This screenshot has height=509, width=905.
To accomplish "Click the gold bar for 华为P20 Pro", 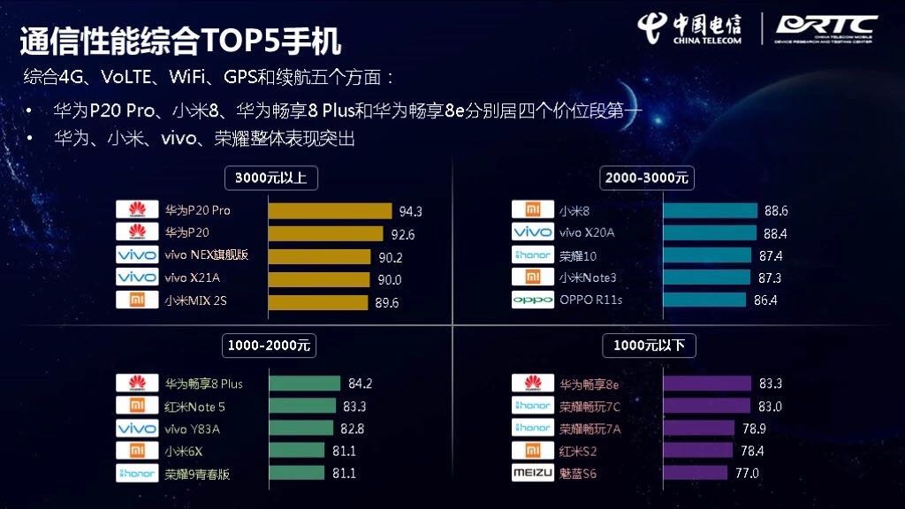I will click(x=330, y=211).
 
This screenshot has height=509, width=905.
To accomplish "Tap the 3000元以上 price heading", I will click(x=270, y=178).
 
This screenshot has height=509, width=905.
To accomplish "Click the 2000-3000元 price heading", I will click(x=647, y=178).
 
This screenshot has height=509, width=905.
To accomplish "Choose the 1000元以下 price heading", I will click(x=649, y=345).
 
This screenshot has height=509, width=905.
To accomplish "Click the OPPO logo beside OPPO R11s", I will click(x=533, y=300).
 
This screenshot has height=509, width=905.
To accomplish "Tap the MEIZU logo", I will click(x=533, y=473).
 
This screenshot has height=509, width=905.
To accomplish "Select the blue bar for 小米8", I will click(x=711, y=210).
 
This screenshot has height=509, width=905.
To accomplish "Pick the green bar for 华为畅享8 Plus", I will click(x=305, y=384).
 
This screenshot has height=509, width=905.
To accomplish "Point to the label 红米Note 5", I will click(x=195, y=406).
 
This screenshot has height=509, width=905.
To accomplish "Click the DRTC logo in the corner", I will click(x=825, y=28).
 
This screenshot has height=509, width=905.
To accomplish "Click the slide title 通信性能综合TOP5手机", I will click(x=180, y=40).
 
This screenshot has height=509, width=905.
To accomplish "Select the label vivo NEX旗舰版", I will click(x=207, y=255).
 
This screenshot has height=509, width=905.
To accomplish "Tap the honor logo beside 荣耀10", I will click(x=533, y=255).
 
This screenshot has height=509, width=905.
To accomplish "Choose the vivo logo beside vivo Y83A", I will click(x=137, y=429).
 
